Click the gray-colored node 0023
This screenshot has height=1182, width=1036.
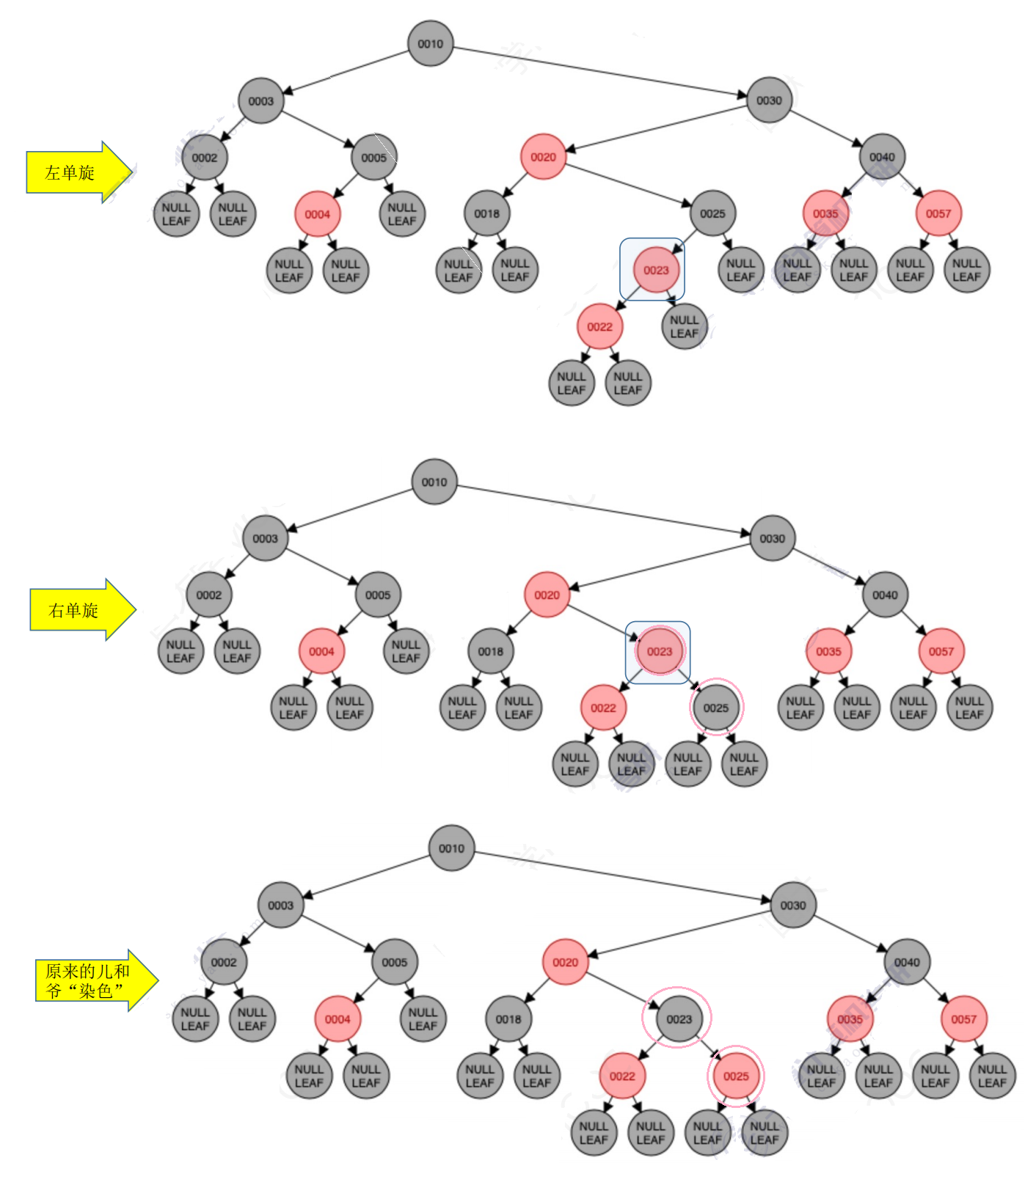coord(679,1019)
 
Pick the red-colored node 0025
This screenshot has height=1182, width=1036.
coord(736,1076)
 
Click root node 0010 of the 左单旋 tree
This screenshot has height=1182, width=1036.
coord(431,44)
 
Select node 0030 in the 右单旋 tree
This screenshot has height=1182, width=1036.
coord(773,538)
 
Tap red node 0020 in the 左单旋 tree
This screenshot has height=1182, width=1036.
coord(543,157)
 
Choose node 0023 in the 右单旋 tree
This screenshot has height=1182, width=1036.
coord(659,651)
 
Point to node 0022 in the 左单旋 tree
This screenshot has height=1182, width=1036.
coord(599,327)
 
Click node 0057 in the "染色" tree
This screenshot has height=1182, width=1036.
coord(963,1019)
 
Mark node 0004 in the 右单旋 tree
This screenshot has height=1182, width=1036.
coord(321,651)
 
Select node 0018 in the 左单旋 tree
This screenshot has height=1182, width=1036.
coord(486,213)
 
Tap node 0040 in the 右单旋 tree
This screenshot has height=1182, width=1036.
coord(885,595)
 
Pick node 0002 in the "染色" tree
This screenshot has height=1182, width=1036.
coord(224,962)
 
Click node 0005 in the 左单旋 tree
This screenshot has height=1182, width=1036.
coord(373,158)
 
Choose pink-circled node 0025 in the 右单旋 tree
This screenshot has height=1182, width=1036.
coord(716,708)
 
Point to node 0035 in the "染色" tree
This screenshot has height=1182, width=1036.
coord(850,1019)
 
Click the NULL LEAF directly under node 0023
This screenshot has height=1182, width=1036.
coord(684,327)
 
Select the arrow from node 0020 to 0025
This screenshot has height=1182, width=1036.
coord(628,183)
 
